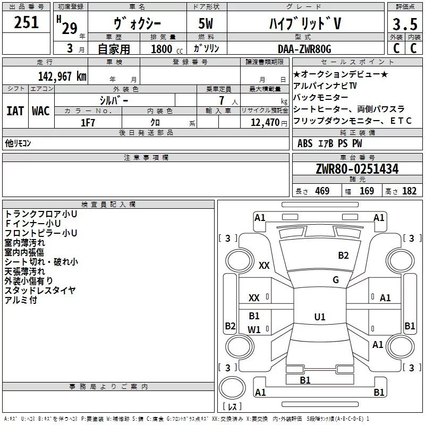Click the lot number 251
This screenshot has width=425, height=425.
click(x=26, y=23)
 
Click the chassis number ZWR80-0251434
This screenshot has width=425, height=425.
click(x=357, y=169)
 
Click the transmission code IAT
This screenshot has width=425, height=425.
click(x=15, y=111)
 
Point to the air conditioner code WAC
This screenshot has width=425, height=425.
click(x=40, y=111)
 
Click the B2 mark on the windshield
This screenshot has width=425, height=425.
click(x=343, y=256)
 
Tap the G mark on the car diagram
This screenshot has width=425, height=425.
click(x=336, y=280)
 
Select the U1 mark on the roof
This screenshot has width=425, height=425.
click(x=319, y=317)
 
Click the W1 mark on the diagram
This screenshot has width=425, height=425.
click(x=254, y=329)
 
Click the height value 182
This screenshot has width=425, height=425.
click(x=409, y=191)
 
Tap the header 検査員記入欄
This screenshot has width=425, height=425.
click(x=108, y=204)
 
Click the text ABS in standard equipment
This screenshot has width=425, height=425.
click(x=305, y=143)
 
